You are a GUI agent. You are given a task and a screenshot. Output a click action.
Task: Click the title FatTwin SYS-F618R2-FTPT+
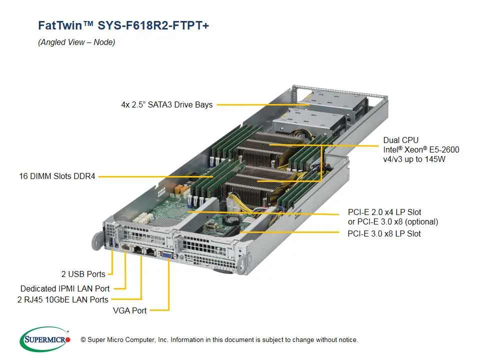[x=123, y=25]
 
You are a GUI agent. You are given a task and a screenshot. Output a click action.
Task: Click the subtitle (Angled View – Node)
[x=76, y=42]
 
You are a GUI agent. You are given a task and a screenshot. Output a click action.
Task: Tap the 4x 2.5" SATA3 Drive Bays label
[x=166, y=105]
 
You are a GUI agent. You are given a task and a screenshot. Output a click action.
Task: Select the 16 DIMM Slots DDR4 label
[x=57, y=176]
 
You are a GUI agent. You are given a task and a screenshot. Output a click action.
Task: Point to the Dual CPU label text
[x=400, y=140]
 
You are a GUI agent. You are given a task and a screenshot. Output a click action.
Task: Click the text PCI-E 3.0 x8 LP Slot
[x=384, y=233]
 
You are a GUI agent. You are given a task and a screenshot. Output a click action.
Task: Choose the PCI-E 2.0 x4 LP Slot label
[x=384, y=212]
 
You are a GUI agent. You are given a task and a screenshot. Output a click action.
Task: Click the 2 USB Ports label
[x=83, y=274]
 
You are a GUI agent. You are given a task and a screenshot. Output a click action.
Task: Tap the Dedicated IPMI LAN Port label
[x=65, y=288]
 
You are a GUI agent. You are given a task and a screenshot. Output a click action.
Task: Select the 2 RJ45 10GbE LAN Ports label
[x=62, y=299]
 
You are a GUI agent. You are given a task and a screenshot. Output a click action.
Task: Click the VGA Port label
[x=129, y=310]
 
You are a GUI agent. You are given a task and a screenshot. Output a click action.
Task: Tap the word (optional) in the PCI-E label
[x=422, y=221]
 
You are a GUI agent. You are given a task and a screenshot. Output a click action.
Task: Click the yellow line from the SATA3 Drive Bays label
[x=260, y=105]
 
